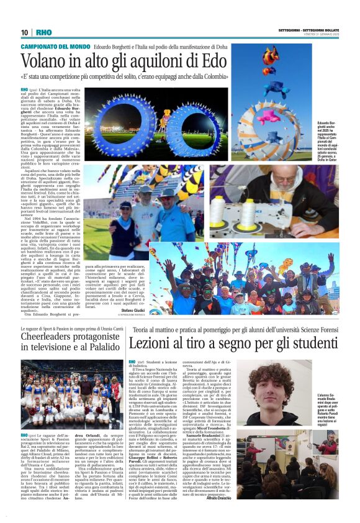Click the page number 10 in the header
pyautogui.click(x=24, y=32)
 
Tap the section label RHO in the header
pyautogui.click(x=44, y=32)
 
